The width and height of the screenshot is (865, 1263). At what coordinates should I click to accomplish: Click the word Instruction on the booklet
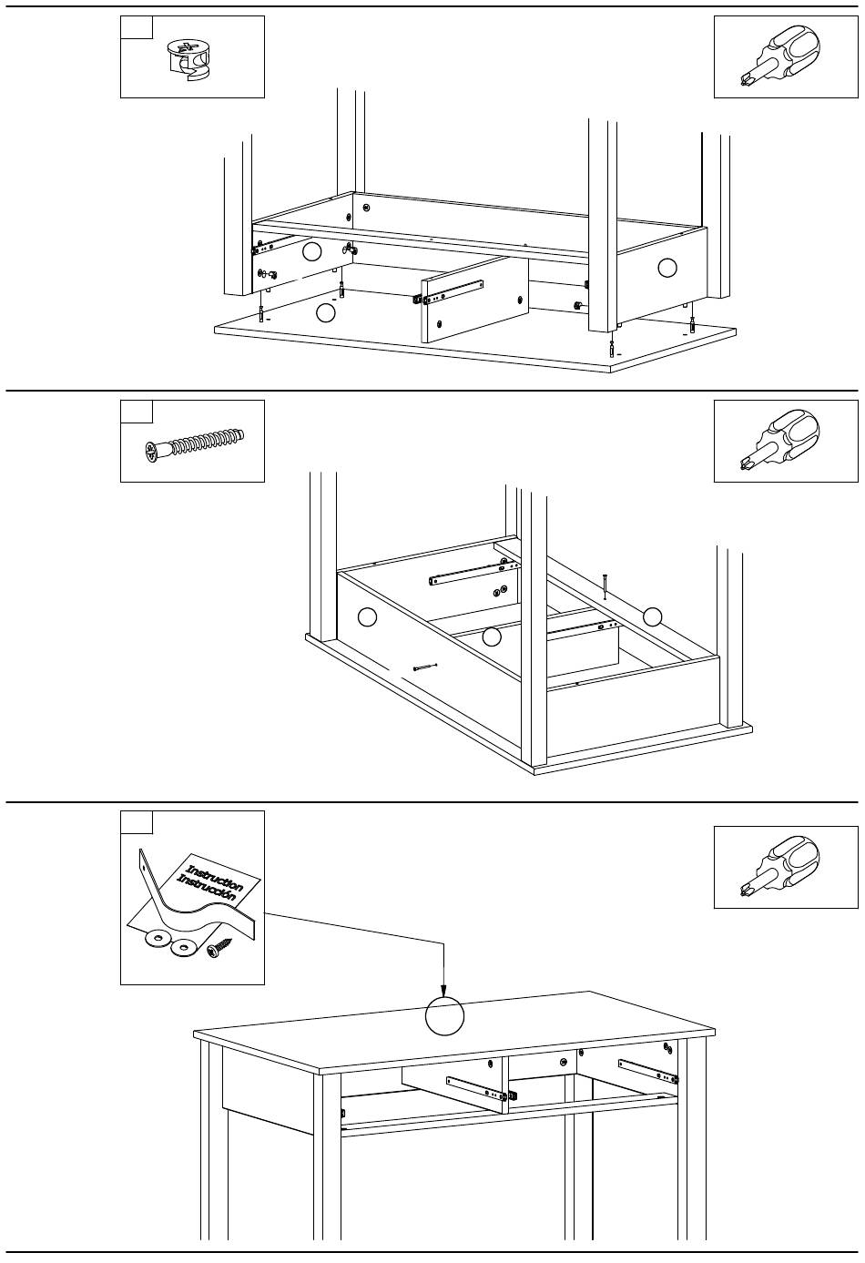[x=215, y=873]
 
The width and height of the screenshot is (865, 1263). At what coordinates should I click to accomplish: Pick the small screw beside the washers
[x=219, y=952]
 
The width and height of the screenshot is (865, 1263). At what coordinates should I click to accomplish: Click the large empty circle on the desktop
[x=444, y=1016]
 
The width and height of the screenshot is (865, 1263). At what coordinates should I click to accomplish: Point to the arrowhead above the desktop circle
[x=443, y=992]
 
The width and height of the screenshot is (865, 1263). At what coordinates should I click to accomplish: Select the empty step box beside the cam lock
[x=137, y=27]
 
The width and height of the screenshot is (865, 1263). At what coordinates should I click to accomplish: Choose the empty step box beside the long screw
[x=137, y=412]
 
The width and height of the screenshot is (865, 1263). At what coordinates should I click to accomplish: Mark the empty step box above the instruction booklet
[x=137, y=822]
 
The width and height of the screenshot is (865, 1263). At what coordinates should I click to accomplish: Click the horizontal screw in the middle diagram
[x=425, y=667]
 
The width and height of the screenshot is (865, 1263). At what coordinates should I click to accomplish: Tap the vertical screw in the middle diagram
[x=604, y=586]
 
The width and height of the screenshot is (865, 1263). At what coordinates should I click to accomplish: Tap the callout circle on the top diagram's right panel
[x=667, y=267]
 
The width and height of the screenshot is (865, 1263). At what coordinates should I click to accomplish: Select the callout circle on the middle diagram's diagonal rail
[x=652, y=616]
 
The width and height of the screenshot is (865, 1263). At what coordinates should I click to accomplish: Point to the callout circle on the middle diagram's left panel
[x=367, y=616]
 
